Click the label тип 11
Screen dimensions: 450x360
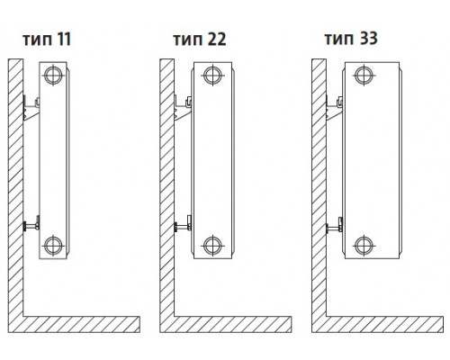pyautogui.click(x=47, y=40)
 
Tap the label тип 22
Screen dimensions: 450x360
pyautogui.click(x=200, y=40)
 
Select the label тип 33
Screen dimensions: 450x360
pyautogui.click(x=351, y=39)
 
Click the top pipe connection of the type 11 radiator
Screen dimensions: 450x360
pyautogui.click(x=53, y=75)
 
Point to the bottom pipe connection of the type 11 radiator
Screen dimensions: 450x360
pyautogui.click(x=53, y=245)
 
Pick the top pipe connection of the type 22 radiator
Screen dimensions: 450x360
pyautogui.click(x=213, y=75)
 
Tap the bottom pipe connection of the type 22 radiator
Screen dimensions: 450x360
pyautogui.click(x=213, y=245)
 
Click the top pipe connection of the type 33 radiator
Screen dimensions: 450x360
pyautogui.click(x=364, y=75)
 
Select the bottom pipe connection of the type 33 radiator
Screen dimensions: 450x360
pyautogui.click(x=364, y=245)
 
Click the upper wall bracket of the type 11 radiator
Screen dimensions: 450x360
pyautogui.click(x=31, y=109)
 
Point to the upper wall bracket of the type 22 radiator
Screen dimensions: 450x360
pyautogui.click(x=183, y=109)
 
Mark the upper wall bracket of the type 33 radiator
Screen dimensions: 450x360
pyautogui.click(x=335, y=109)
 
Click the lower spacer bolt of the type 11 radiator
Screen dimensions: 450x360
pyautogui.click(x=31, y=224)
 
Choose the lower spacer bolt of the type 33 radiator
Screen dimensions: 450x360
pyautogui.click(x=335, y=226)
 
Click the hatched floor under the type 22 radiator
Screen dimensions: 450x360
pyautogui.click(x=233, y=324)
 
